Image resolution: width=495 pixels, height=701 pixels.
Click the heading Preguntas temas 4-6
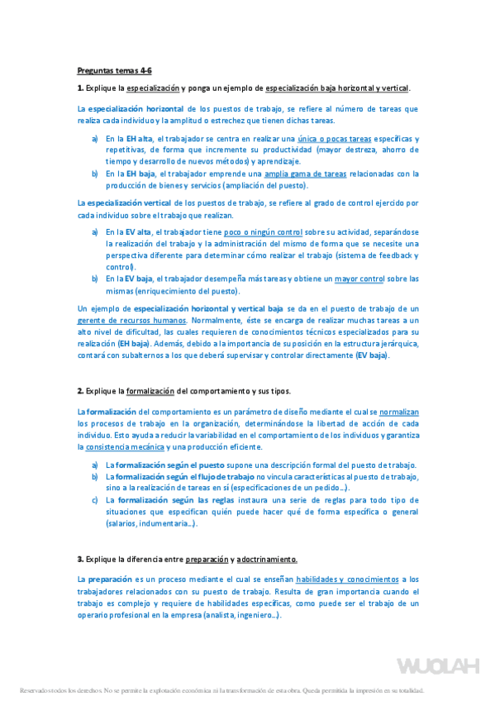(114, 71)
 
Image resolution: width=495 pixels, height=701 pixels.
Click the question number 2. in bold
(80, 389)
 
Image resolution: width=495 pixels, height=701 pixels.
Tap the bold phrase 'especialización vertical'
(129, 203)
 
